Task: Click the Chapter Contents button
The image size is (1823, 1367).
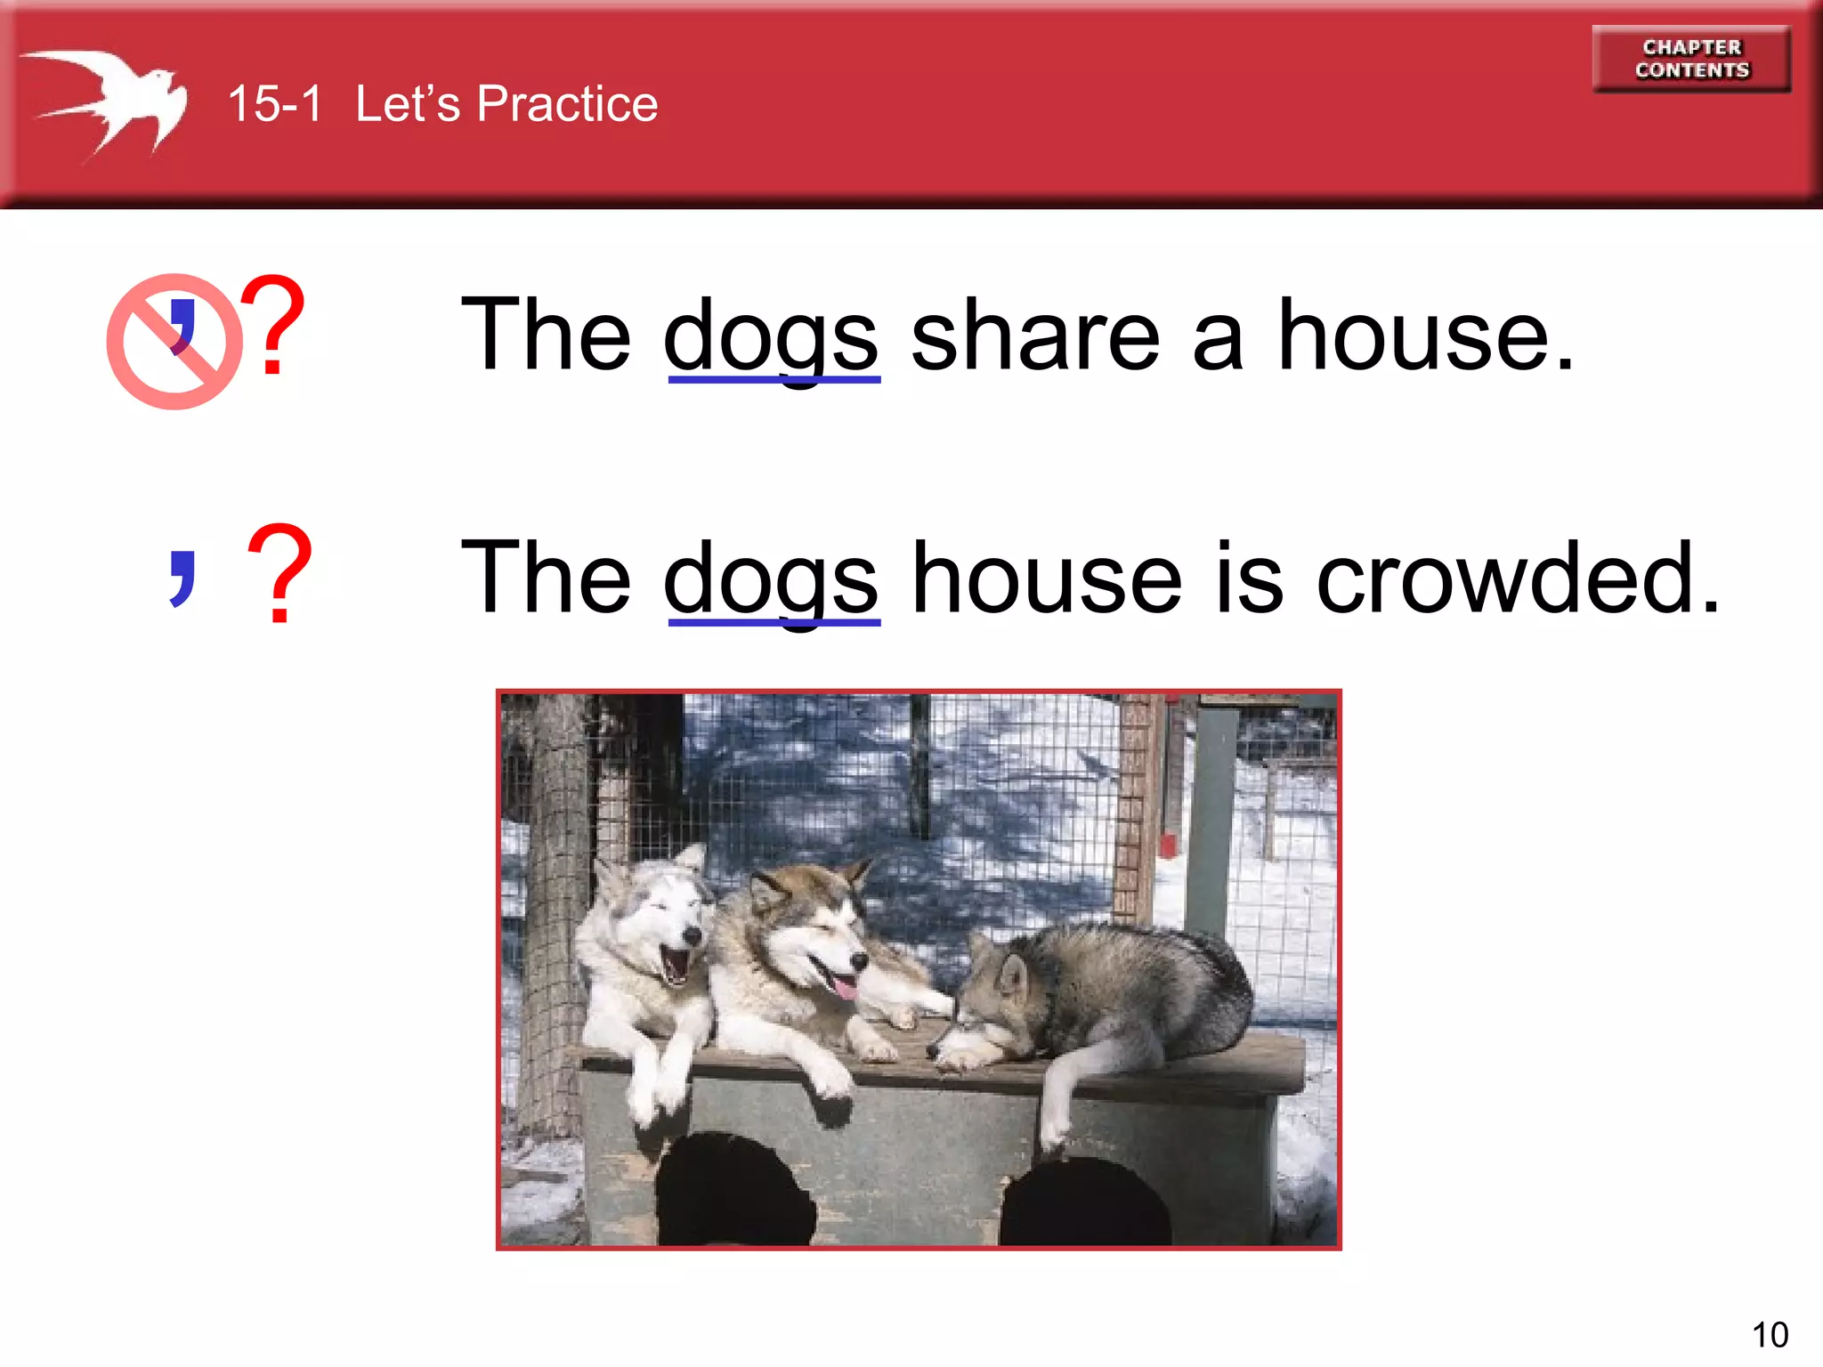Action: (1691, 59)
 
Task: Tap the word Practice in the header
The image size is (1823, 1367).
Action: (567, 104)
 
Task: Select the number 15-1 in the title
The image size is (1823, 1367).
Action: (274, 104)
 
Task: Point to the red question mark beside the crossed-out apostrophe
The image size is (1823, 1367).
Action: (272, 326)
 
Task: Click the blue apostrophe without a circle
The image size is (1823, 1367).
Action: (182, 578)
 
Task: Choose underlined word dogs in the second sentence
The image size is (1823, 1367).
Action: (772, 580)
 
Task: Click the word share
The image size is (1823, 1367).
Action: (1036, 336)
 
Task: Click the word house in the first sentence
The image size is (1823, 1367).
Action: (1424, 336)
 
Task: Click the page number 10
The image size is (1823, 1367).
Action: (1770, 1335)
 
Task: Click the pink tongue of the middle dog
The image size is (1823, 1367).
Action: (841, 987)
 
